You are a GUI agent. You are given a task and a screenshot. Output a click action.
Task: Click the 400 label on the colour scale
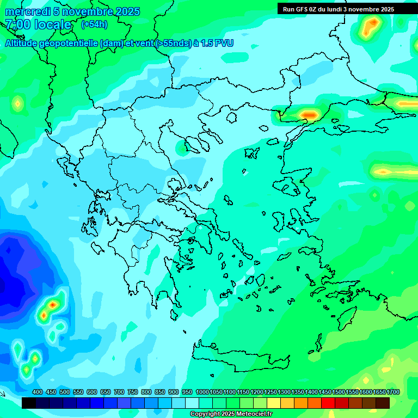[x=38, y=392]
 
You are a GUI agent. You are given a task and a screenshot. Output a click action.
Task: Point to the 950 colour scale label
[x=187, y=392]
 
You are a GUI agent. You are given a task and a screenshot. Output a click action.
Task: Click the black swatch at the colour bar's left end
[x=29, y=403]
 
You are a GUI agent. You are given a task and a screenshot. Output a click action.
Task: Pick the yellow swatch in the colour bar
[x=274, y=403]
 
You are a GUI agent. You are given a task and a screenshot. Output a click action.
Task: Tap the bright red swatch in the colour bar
[x=328, y=403]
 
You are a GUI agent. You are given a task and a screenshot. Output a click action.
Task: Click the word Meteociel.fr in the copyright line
[x=250, y=414]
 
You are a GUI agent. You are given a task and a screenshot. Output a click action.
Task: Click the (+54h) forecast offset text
[x=94, y=24]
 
